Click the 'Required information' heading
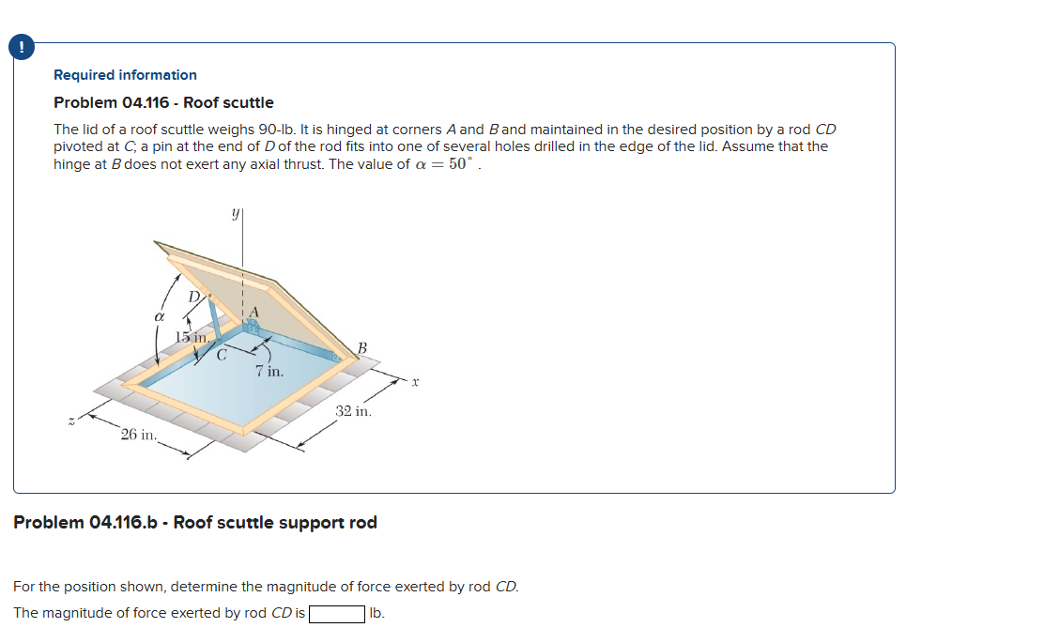125,75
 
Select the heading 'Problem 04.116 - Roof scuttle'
163,102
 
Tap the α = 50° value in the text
447,164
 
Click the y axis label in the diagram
236,214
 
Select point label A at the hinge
253,314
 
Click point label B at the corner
361,348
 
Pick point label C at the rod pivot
222,356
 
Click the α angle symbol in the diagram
160,318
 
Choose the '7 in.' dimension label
269,372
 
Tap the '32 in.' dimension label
353,411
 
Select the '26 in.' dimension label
139,435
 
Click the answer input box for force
337,614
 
